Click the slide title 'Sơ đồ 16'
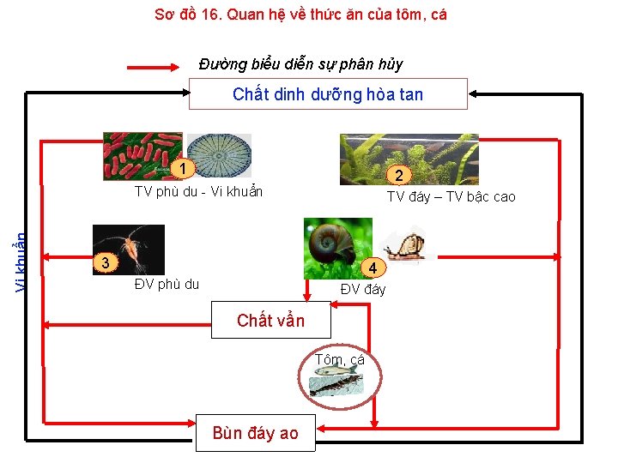pyautogui.click(x=300, y=14)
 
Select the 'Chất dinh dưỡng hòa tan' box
pyautogui.click(x=328, y=94)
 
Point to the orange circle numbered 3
pyautogui.click(x=104, y=262)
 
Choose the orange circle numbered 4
pyautogui.click(x=373, y=267)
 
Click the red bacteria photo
pyautogui.click(x=142, y=155)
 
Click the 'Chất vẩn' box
pyautogui.click(x=270, y=321)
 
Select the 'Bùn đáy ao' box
pyautogui.click(x=255, y=433)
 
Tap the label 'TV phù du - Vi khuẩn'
pyautogui.click(x=198, y=192)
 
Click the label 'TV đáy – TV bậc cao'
pyautogui.click(x=451, y=196)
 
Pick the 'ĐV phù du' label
pyautogui.click(x=167, y=285)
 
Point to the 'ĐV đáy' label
pyautogui.click(x=363, y=289)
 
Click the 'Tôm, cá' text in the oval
pyautogui.click(x=339, y=359)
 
